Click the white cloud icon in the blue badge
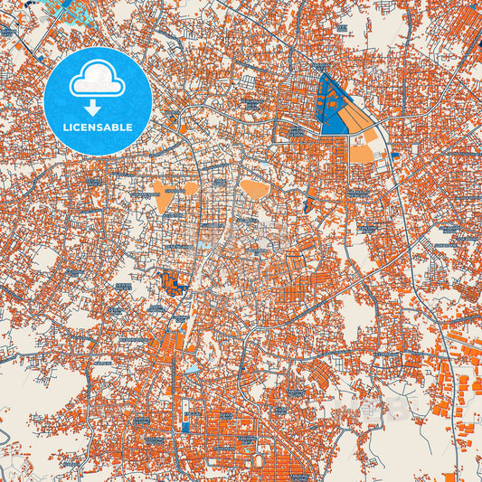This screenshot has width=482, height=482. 98,79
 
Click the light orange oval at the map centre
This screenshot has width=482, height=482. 253,190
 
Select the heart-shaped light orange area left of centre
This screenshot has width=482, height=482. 164,194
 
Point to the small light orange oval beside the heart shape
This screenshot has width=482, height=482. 191,188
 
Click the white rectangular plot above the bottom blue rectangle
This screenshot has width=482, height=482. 186,408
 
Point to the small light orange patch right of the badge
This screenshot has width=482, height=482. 183,128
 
